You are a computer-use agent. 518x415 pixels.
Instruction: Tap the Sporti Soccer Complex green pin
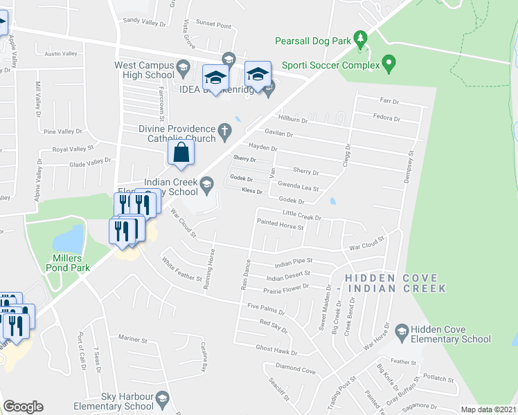(389, 65)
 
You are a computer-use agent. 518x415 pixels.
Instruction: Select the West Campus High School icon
(183, 68)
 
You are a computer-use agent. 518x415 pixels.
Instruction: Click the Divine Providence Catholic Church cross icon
(224, 129)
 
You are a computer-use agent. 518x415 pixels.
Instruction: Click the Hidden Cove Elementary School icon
(401, 333)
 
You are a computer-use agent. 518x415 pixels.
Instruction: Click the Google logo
(23, 407)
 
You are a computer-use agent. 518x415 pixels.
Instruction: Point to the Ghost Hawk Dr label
(276, 350)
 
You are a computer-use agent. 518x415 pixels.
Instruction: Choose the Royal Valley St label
(73, 149)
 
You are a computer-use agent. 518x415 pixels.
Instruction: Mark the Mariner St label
(133, 340)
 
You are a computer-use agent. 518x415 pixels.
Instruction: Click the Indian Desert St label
(288, 278)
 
